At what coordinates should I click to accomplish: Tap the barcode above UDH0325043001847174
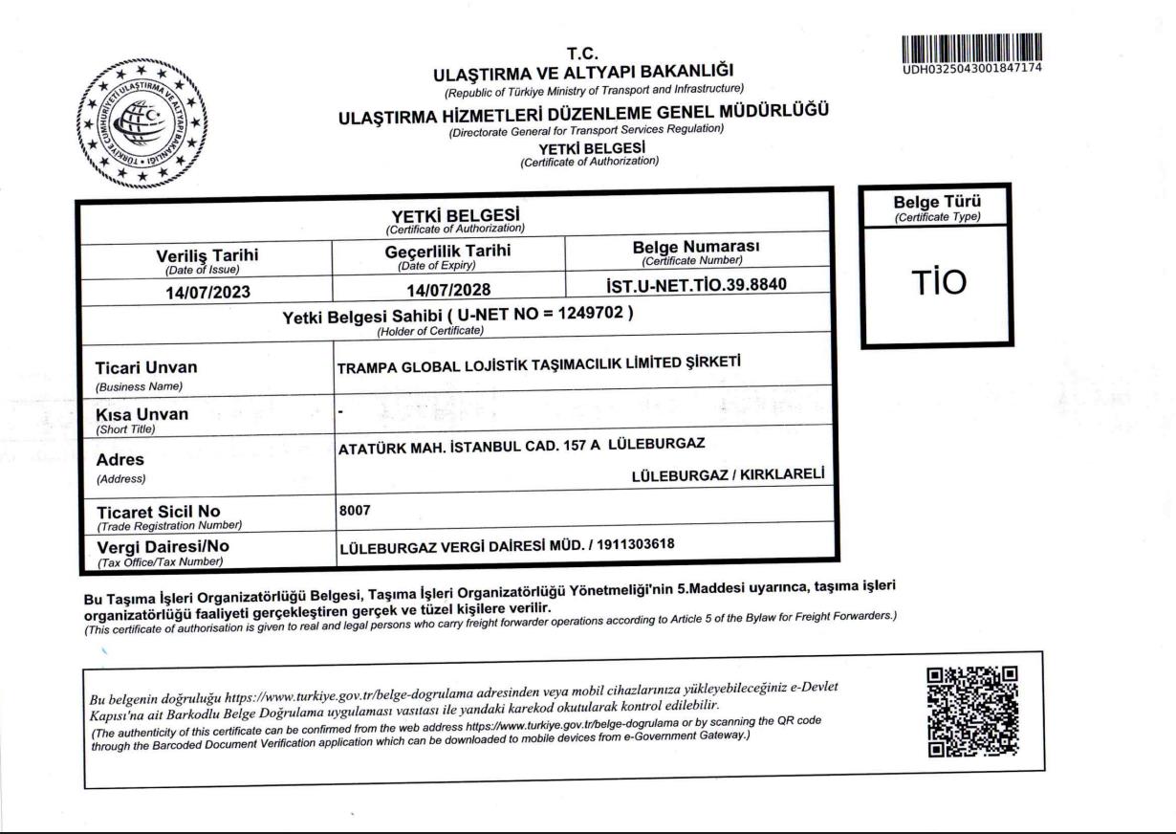tap(971, 46)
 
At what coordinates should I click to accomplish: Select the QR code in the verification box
tap(972, 711)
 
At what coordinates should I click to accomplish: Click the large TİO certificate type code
tap(936, 282)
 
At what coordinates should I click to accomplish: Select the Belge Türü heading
tap(936, 203)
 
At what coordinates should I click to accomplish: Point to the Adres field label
tap(120, 459)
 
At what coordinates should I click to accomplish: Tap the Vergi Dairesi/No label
tap(163, 547)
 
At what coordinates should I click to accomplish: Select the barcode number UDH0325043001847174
tap(971, 68)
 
